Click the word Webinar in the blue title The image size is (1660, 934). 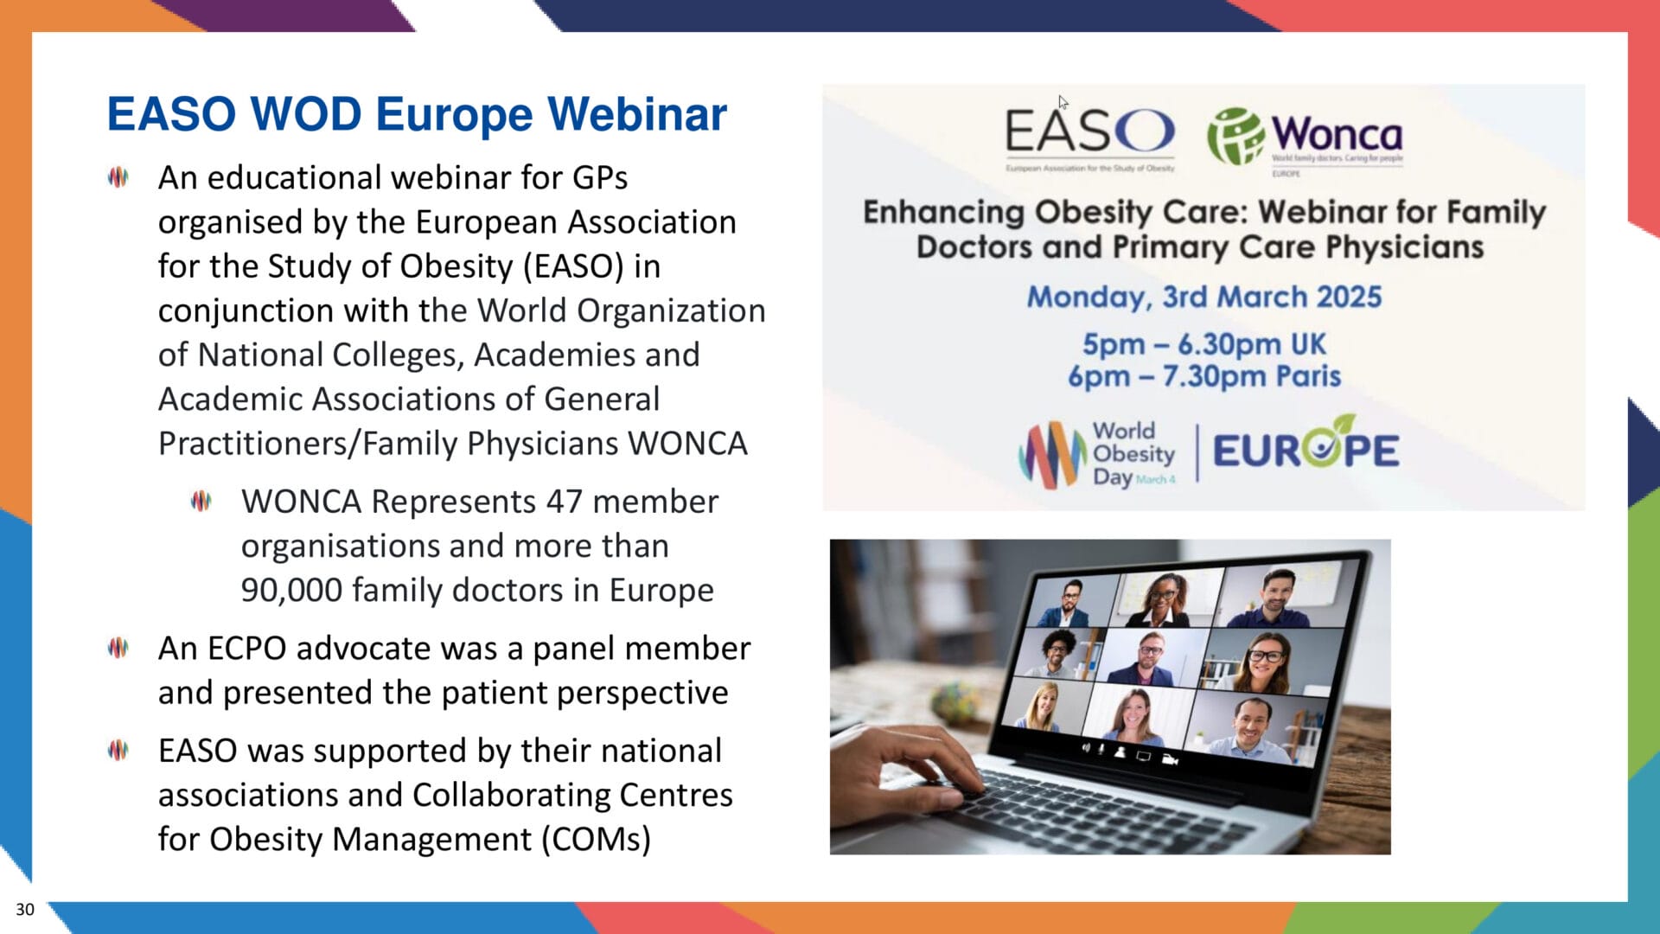click(637, 114)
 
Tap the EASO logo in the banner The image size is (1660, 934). click(1089, 132)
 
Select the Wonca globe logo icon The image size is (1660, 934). click(1235, 136)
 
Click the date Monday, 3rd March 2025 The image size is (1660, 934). click(1203, 297)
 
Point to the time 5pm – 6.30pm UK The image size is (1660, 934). click(1203, 344)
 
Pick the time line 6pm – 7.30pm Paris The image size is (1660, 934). click(1203, 376)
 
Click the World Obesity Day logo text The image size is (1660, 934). click(1133, 454)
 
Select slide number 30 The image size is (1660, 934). click(25, 909)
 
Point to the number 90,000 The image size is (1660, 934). click(291, 590)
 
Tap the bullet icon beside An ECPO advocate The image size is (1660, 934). click(118, 648)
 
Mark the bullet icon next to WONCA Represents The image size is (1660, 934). click(201, 501)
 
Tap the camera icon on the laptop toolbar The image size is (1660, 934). click(1171, 759)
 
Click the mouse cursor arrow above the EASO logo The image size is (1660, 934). click(1063, 101)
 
